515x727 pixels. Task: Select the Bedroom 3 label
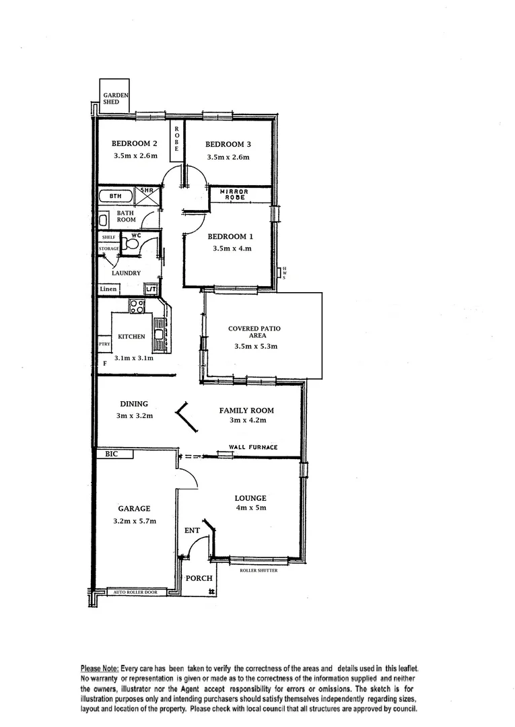coord(228,144)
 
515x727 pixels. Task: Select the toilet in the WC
coord(131,245)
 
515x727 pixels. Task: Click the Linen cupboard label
coord(108,289)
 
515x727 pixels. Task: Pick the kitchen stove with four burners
coord(137,306)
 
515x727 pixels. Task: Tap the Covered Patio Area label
coord(254,332)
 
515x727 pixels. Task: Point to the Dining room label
coord(135,405)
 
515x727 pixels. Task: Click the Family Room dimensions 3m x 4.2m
coord(247,421)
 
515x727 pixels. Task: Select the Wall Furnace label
coord(252,447)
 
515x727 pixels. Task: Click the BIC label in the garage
coord(111,455)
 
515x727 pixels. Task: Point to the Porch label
coord(199,578)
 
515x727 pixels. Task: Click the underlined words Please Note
coord(100,668)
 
